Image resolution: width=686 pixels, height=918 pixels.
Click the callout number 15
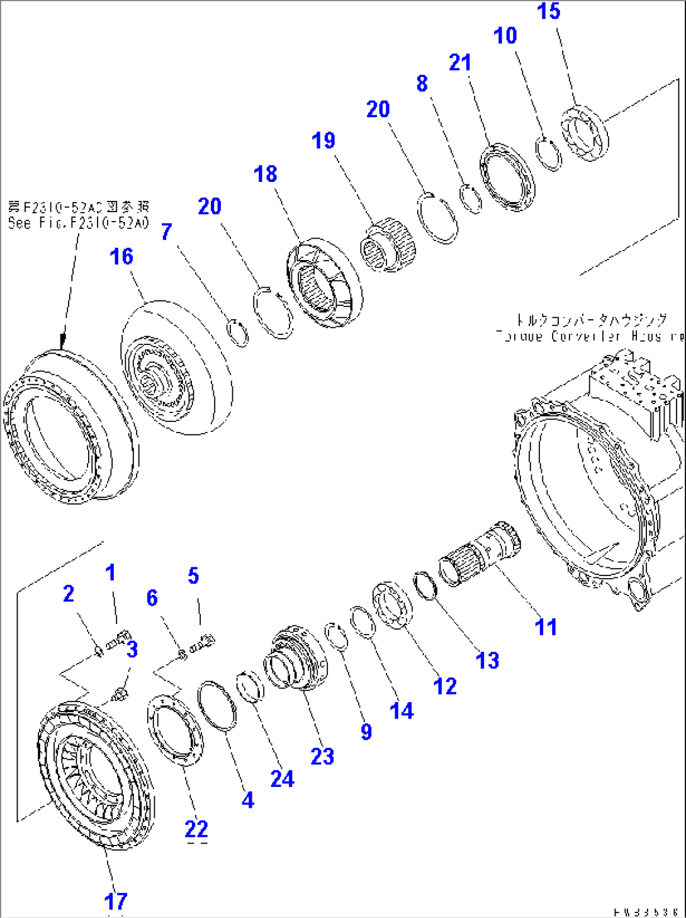click(548, 11)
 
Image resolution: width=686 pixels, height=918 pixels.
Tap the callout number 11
click(546, 627)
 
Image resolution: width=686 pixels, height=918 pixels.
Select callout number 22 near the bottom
click(196, 829)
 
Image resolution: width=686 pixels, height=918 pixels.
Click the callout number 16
click(121, 256)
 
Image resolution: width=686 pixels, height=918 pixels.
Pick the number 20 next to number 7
click(210, 207)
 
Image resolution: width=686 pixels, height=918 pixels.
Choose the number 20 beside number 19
click(378, 110)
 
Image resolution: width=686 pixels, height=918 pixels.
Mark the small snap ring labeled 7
click(238, 333)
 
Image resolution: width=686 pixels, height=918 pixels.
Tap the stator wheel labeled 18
click(324, 285)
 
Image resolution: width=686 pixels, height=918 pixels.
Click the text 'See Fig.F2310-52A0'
click(78, 223)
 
